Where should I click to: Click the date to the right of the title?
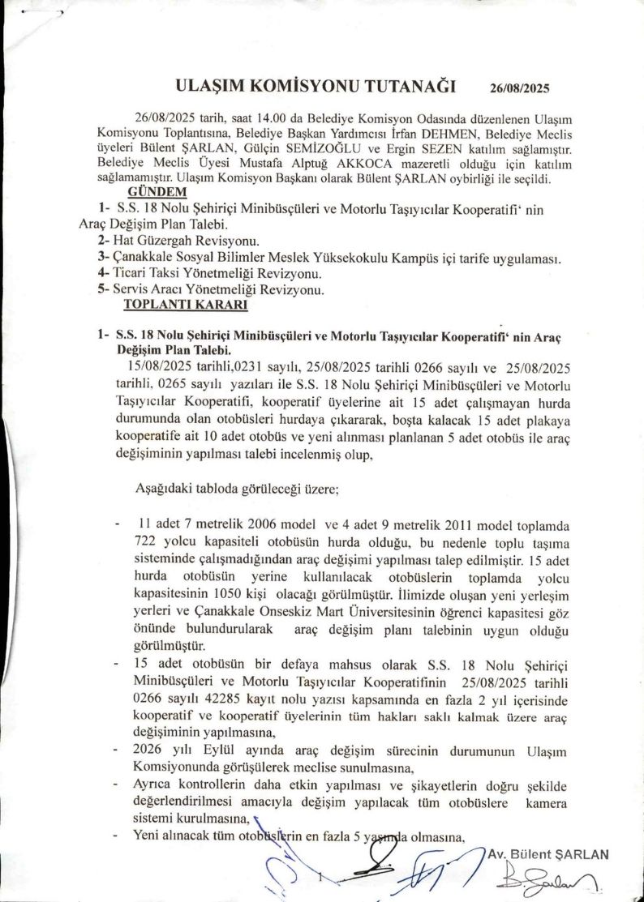(x=526, y=88)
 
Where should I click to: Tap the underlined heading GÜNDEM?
(x=157, y=192)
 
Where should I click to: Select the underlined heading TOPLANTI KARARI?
(x=174, y=305)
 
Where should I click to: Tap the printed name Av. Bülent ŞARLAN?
(x=548, y=854)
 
